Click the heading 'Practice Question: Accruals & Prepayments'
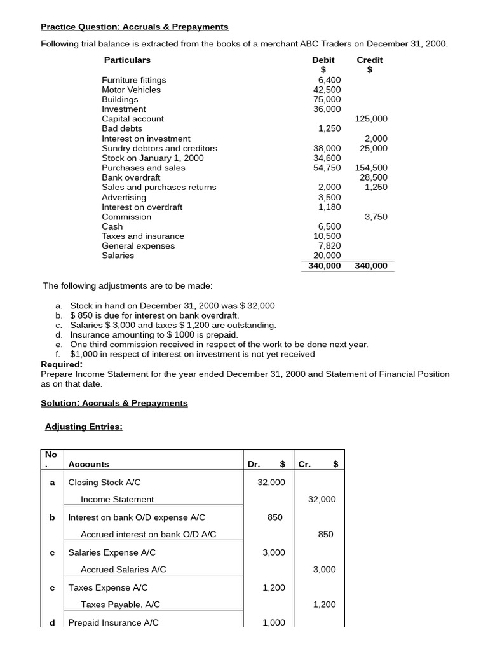pyautogui.click(x=134, y=27)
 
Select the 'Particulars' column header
pyautogui.click(x=127, y=60)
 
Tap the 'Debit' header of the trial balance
pyautogui.click(x=323, y=60)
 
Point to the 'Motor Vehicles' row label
pyautogui.click(x=131, y=90)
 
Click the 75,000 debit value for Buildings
pyautogui.click(x=327, y=99)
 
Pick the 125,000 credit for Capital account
pyautogui.click(x=371, y=119)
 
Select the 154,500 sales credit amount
pyautogui.click(x=371, y=168)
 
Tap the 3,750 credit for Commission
pyautogui.click(x=376, y=217)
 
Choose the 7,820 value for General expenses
pyautogui.click(x=329, y=246)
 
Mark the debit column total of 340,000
pyautogui.click(x=324, y=266)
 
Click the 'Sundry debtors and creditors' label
pyautogui.click(x=159, y=148)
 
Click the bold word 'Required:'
pyautogui.click(x=62, y=364)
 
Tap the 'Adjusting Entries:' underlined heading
pyautogui.click(x=84, y=427)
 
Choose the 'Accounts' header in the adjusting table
pyautogui.click(x=88, y=464)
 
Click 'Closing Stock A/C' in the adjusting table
pyautogui.click(x=104, y=482)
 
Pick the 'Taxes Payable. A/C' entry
pyautogui.click(x=120, y=605)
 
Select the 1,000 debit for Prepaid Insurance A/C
pyautogui.click(x=273, y=622)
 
